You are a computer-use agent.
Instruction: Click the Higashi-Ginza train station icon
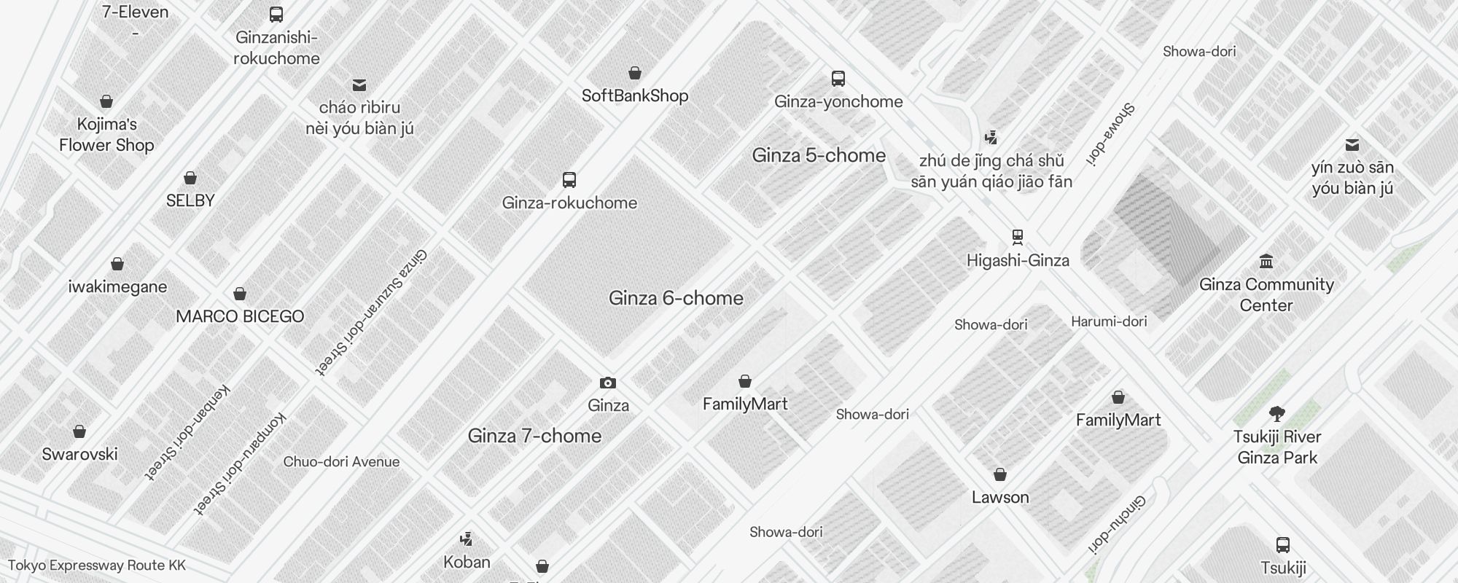(x=1018, y=237)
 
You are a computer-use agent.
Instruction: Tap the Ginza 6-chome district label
(x=676, y=298)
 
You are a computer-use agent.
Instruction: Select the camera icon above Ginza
(x=608, y=383)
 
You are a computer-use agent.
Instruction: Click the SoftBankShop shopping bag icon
(x=635, y=73)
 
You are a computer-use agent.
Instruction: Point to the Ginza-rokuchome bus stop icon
(x=569, y=180)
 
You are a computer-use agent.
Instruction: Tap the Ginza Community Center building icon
(x=1266, y=262)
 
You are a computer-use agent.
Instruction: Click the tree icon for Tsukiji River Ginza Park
(x=1276, y=414)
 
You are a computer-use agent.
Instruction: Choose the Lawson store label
(x=1000, y=498)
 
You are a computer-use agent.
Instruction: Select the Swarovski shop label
(x=79, y=454)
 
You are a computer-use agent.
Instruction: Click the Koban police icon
(x=467, y=540)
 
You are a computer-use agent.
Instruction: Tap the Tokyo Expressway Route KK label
(x=97, y=566)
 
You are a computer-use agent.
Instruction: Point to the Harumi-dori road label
(x=1109, y=321)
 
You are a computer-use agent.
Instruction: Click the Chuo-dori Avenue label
(x=341, y=462)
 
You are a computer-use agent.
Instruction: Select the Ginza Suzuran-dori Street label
(x=371, y=312)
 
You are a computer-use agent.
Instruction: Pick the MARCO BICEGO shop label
(x=240, y=316)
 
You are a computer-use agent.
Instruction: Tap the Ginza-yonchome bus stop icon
(x=838, y=79)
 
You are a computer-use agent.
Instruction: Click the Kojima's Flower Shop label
(x=106, y=135)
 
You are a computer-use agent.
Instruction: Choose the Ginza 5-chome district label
(x=819, y=155)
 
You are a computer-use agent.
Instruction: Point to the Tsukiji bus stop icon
(x=1283, y=545)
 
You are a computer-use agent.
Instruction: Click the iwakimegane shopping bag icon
(x=117, y=264)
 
